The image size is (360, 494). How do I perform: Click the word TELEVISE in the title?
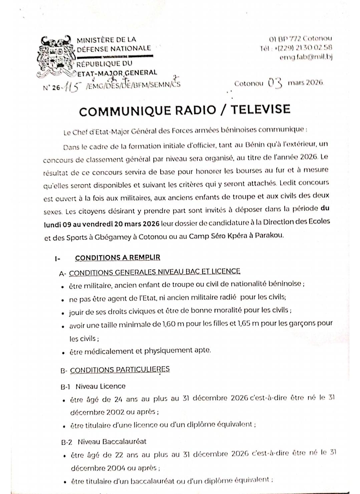click(261, 109)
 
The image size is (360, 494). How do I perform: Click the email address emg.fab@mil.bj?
click(306, 57)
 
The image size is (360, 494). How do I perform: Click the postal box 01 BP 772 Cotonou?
click(300, 39)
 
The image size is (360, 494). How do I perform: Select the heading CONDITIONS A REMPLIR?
click(117, 258)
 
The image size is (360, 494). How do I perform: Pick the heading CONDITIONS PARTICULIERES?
click(120, 369)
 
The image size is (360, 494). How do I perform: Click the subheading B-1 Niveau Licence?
click(93, 386)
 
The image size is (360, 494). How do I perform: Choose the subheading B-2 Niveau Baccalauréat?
click(104, 442)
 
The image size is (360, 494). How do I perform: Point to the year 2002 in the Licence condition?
click(106, 412)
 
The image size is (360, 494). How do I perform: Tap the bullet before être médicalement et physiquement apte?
click(63, 352)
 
